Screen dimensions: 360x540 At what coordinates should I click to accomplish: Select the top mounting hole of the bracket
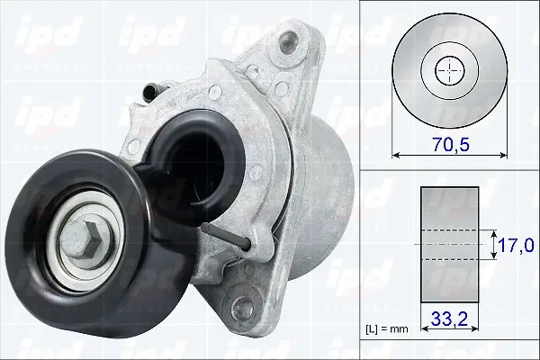pyautogui.click(x=287, y=40)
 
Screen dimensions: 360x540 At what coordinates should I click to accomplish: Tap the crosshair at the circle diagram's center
pyautogui.click(x=447, y=70)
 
